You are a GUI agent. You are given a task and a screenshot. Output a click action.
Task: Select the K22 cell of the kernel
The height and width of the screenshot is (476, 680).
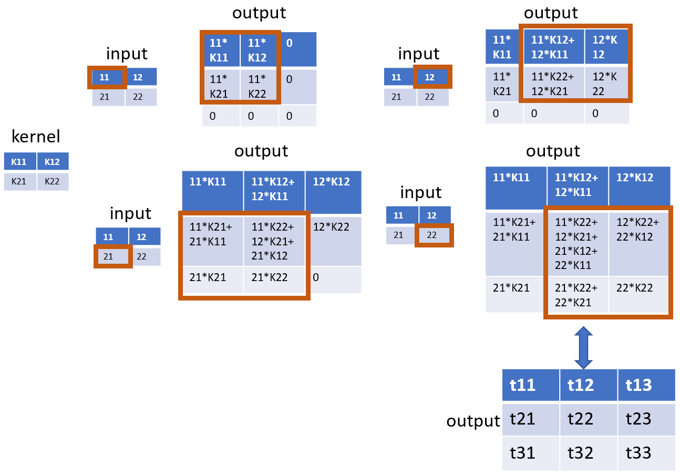(53, 181)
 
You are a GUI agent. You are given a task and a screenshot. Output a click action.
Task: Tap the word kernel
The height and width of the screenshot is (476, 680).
(36, 136)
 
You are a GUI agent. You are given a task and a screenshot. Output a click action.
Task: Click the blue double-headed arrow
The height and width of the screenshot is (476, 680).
(583, 348)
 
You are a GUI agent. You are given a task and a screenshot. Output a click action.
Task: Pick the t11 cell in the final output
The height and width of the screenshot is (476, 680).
(530, 385)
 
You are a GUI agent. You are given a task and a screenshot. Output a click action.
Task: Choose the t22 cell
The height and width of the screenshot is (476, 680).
(589, 419)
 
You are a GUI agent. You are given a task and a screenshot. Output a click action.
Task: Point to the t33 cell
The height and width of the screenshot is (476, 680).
(646, 453)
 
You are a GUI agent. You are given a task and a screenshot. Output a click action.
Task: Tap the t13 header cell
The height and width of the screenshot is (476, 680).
(646, 385)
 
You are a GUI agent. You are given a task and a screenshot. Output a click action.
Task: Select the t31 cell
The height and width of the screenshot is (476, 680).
(530, 453)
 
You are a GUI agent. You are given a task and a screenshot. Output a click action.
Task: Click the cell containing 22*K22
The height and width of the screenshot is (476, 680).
(638, 294)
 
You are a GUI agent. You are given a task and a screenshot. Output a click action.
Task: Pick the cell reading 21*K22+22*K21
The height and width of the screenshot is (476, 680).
(578, 294)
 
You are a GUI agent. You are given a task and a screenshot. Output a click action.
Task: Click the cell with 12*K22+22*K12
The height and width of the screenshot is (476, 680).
(638, 244)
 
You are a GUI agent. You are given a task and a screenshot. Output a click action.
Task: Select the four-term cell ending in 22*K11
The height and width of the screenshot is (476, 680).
(578, 244)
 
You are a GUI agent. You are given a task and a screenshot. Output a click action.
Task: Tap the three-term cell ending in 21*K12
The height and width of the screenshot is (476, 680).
(274, 241)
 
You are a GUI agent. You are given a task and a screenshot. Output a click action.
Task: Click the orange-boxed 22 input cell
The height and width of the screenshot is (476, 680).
(434, 235)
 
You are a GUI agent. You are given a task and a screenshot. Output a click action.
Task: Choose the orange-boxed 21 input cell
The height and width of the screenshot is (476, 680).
(113, 256)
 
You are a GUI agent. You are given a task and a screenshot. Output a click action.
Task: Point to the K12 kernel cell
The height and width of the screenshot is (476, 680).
(53, 161)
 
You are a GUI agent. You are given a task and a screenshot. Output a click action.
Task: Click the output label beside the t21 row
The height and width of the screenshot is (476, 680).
(473, 421)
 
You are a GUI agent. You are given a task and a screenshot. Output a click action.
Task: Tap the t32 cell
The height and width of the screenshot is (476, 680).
(589, 453)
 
